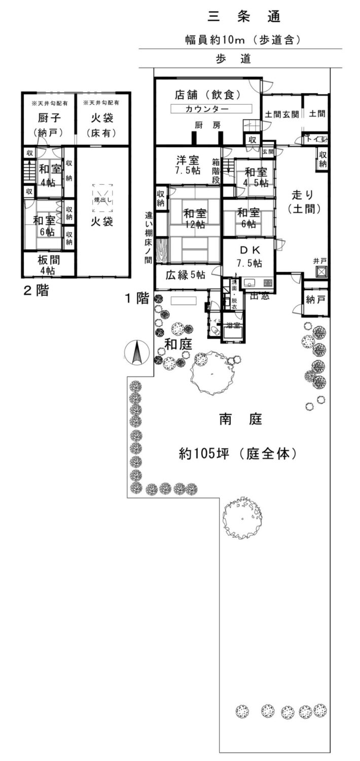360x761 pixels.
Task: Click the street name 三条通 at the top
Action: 244,17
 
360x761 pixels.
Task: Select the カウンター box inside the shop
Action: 210,109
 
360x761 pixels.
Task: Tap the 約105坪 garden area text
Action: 237,453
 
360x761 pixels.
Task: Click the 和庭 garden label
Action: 178,344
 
